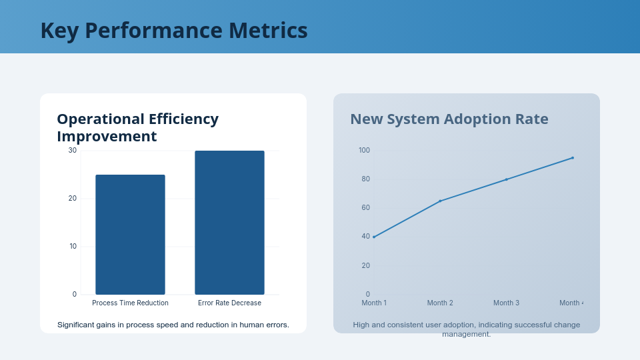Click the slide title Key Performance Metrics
[x=174, y=31]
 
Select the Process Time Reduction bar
[x=130, y=234]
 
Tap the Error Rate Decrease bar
[x=229, y=222]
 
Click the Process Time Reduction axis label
[x=130, y=303]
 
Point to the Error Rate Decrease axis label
[x=229, y=303]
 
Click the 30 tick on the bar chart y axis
[x=73, y=150]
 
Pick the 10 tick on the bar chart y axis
[x=73, y=246]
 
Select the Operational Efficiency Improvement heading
[x=137, y=127]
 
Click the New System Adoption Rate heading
[x=449, y=119]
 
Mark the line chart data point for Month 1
[x=374, y=237]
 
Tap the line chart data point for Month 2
[x=440, y=201]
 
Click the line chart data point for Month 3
[x=506, y=179]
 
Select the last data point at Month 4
[x=572, y=158]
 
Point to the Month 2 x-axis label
[x=440, y=303]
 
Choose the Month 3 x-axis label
[x=506, y=303]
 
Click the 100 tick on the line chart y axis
[x=364, y=150]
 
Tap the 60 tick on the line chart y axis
[x=365, y=208]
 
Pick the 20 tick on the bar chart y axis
[x=73, y=198]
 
